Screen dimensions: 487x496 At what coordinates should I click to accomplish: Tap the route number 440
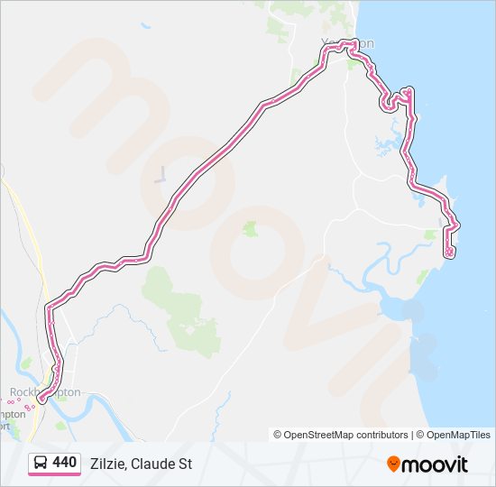(65, 463)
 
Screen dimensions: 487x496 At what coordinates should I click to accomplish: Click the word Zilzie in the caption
(107, 464)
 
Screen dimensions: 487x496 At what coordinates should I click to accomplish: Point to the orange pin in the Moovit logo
(394, 464)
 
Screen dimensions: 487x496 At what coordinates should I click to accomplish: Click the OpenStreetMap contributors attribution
(341, 435)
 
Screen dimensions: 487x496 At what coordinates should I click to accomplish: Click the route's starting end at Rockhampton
(41, 399)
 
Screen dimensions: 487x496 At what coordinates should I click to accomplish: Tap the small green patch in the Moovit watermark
(250, 229)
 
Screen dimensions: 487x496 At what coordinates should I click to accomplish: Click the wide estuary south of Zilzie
(401, 311)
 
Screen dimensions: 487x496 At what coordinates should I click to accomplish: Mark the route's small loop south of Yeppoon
(390, 102)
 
